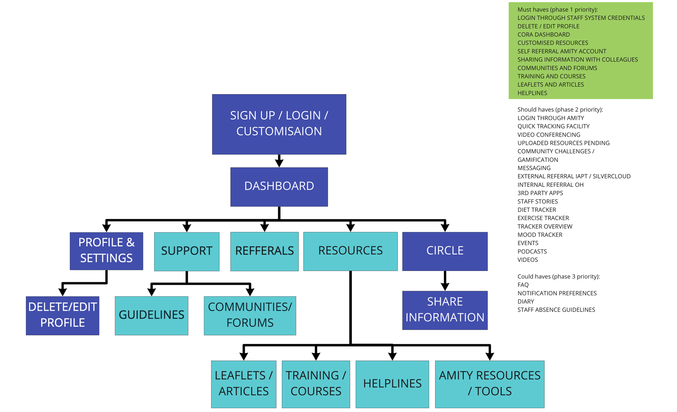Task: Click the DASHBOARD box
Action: coord(279,187)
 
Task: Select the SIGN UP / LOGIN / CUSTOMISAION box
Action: coord(279,124)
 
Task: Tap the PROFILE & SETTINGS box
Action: coord(106,251)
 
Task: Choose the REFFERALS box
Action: coord(264,251)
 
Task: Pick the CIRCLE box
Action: coord(445,251)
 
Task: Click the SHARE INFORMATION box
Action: coord(445,310)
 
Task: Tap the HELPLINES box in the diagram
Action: coord(392,384)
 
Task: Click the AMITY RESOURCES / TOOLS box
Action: coord(489,384)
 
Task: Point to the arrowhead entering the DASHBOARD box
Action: coord(279,164)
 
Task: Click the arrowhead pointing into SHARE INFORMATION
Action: coord(445,287)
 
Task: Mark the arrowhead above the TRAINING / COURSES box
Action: coord(316,357)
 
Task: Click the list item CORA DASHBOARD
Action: coord(543,35)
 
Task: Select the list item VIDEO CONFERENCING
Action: coord(549,135)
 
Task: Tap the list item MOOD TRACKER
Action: coord(540,235)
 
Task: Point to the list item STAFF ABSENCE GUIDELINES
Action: coord(556,310)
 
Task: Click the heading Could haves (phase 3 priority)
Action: coord(558,276)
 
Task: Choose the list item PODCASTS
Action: coord(532,251)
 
